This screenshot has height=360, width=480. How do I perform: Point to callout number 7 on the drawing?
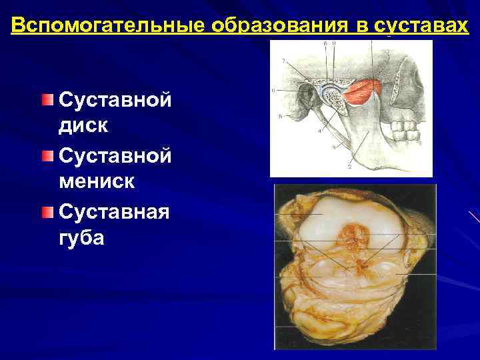(285, 61)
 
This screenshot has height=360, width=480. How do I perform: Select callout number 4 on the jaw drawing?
(319, 131)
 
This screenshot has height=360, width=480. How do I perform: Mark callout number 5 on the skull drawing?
(280, 116)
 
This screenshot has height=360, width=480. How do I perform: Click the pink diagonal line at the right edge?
(474, 216)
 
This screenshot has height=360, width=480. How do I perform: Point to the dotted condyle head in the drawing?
(333, 100)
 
